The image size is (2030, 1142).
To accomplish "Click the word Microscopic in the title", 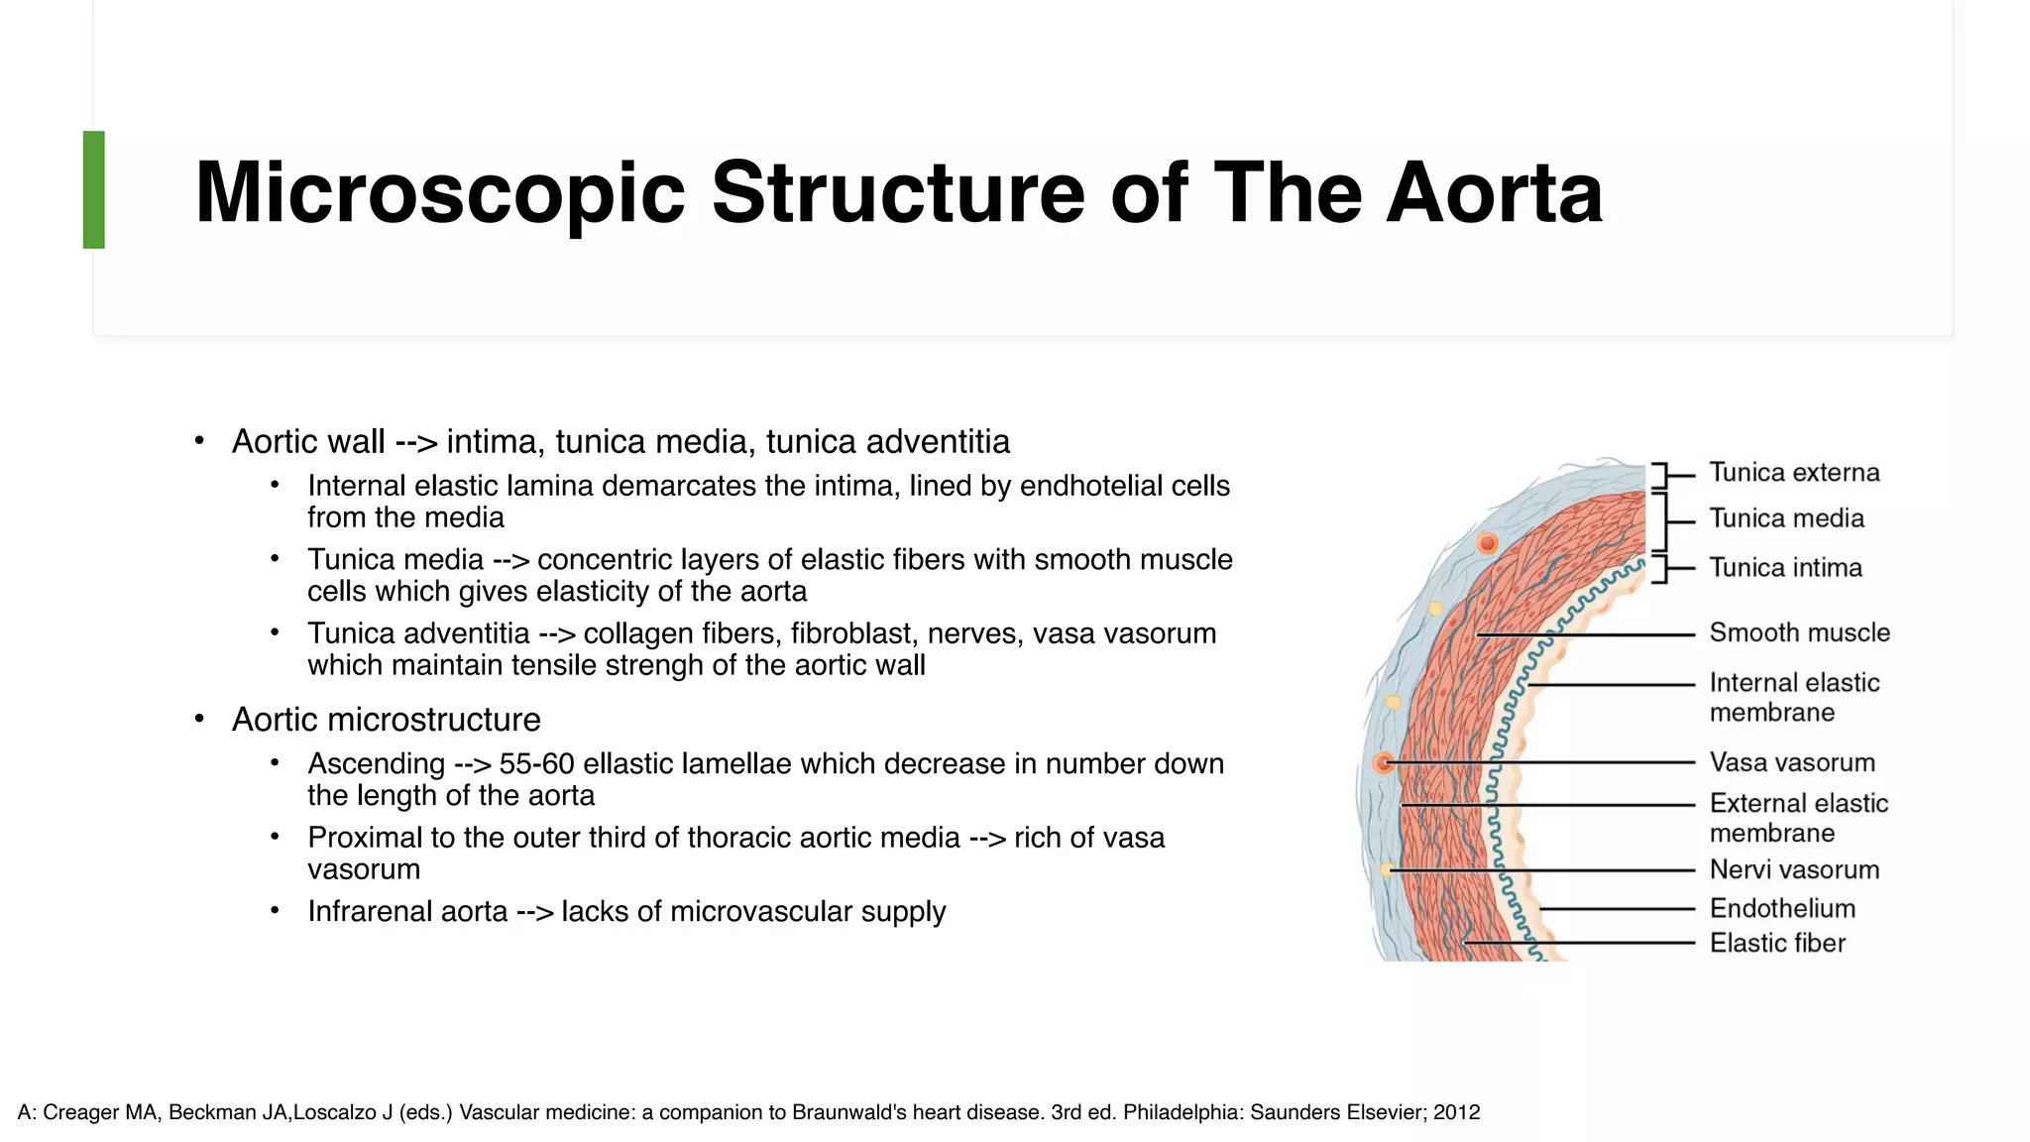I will pyautogui.click(x=439, y=192).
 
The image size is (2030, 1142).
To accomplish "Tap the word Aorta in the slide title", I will pyautogui.click(x=1494, y=192).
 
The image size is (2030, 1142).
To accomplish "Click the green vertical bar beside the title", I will pyautogui.click(x=94, y=189).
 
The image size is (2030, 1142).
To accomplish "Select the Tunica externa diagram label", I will pyautogui.click(x=1794, y=473).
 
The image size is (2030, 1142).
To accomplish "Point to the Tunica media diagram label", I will pyautogui.click(x=1786, y=518).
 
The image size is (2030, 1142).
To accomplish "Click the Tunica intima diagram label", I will pyautogui.click(x=1785, y=568).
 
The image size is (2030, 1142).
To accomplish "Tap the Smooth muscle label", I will pyautogui.click(x=1799, y=632).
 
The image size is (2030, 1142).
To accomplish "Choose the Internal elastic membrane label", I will pyautogui.click(x=1794, y=697).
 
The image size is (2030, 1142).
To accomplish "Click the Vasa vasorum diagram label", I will pyautogui.click(x=1792, y=762).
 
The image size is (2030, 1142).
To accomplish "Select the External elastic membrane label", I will pyautogui.click(x=1798, y=818).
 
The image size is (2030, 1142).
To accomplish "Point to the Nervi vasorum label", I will pyautogui.click(x=1794, y=869).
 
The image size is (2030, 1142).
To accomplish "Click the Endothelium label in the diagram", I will pyautogui.click(x=1782, y=908).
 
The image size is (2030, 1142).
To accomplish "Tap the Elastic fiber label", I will pyautogui.click(x=1777, y=943).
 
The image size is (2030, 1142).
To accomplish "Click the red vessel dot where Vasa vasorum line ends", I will pyautogui.click(x=1384, y=762).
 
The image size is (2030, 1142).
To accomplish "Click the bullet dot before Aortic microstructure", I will pyautogui.click(x=199, y=719).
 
